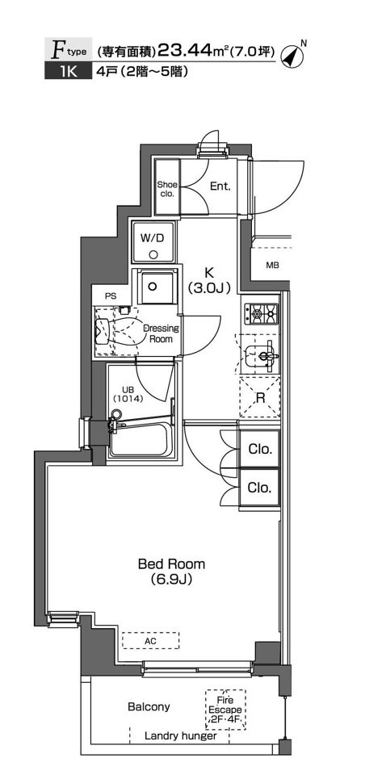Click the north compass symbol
pyautogui.click(x=292, y=56)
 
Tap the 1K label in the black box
pyautogui.click(x=69, y=72)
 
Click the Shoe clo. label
pyautogui.click(x=167, y=189)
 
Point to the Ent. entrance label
pyautogui.click(x=220, y=186)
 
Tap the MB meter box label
pyautogui.click(x=272, y=266)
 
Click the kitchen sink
pyautogui.click(x=260, y=354)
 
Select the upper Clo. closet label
pyautogui.click(x=260, y=450)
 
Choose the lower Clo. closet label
pyautogui.click(x=260, y=488)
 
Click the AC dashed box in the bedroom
pyautogui.click(x=151, y=640)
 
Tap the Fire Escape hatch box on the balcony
pyautogui.click(x=225, y=710)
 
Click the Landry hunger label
pyautogui.click(x=181, y=736)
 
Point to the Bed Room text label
pyautogui.click(x=171, y=563)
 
